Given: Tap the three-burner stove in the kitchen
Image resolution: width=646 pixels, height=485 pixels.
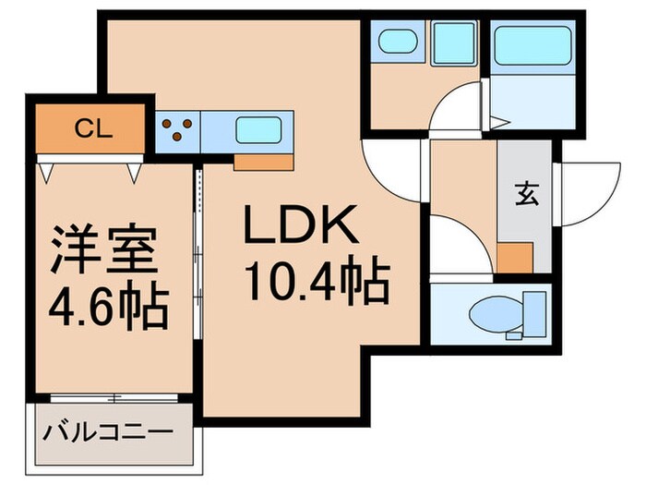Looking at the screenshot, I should coord(177,129).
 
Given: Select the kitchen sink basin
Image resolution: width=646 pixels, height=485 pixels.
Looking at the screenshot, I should coord(258,129).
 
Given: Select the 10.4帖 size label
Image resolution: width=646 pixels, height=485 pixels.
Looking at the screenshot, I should coord(314,280).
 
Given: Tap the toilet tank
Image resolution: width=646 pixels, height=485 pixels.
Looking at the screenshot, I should coord(534,311).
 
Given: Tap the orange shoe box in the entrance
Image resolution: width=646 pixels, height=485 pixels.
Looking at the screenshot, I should coord(515,256).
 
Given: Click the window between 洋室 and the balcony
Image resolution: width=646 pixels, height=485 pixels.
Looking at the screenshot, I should coord(113,397).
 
